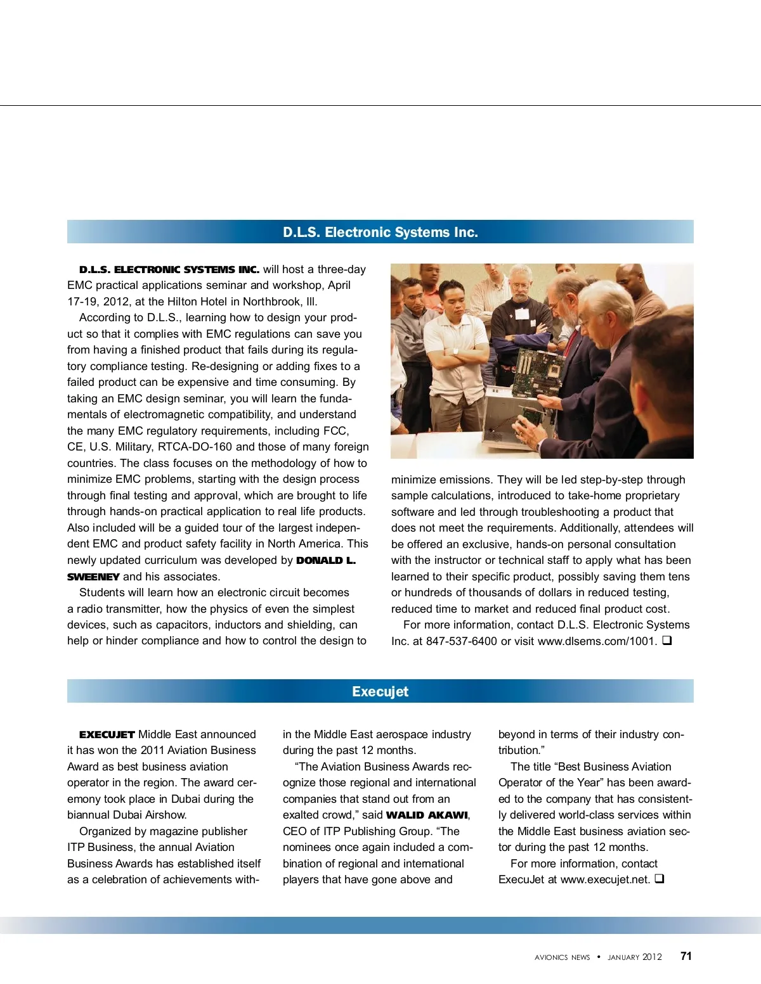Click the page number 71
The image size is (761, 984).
(686, 956)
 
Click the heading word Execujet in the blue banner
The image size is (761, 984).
(380, 691)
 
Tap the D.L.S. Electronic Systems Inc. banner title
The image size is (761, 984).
(380, 232)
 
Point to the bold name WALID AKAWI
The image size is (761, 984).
(427, 815)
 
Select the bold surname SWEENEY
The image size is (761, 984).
(93, 577)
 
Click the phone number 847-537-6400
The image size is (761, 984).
(461, 641)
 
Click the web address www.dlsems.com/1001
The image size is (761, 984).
(597, 641)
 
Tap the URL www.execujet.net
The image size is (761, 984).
(605, 879)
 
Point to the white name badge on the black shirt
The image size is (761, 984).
(521, 314)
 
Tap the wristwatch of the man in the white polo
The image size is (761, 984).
(455, 350)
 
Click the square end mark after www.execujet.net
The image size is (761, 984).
(660, 879)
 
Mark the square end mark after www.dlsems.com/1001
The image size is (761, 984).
(667, 640)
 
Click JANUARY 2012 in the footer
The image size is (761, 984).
(634, 957)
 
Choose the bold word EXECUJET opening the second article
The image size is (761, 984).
(107, 734)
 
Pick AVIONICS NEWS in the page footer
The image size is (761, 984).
(562, 957)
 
